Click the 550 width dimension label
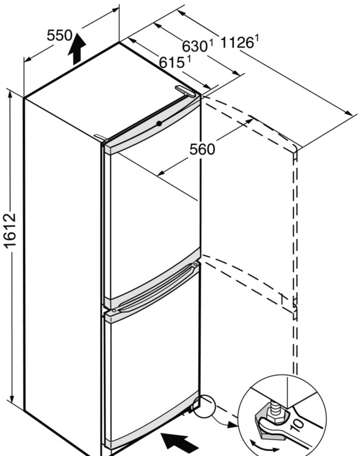[59, 36]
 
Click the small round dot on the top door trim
[159, 123]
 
